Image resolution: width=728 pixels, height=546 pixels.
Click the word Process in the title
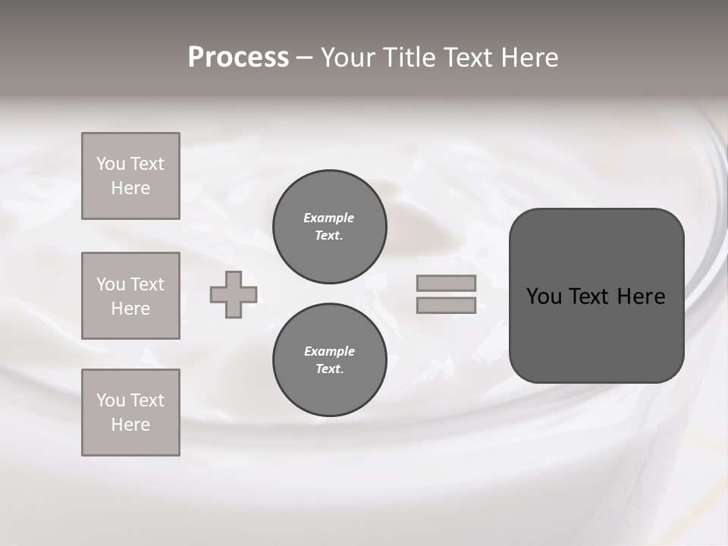(238, 58)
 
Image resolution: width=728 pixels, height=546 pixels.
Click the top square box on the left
(130, 176)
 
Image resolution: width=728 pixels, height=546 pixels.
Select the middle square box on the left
(130, 296)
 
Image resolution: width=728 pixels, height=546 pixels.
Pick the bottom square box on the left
(130, 413)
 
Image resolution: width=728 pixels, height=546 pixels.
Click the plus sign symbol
(234, 294)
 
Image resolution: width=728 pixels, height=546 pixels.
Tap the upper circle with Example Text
(329, 227)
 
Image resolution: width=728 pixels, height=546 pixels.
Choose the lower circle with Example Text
(329, 360)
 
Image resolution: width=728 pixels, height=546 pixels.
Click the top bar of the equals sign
(446, 283)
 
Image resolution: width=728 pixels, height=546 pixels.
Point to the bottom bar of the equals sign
(446, 305)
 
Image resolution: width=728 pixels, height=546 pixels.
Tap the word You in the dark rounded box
(544, 297)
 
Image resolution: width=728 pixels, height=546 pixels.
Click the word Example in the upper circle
(328, 218)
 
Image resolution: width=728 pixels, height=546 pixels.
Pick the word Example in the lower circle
(329, 351)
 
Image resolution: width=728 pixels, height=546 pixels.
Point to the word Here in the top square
(130, 188)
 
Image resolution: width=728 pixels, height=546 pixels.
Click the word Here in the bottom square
(130, 425)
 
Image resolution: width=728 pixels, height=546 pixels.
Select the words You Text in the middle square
(130, 284)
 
